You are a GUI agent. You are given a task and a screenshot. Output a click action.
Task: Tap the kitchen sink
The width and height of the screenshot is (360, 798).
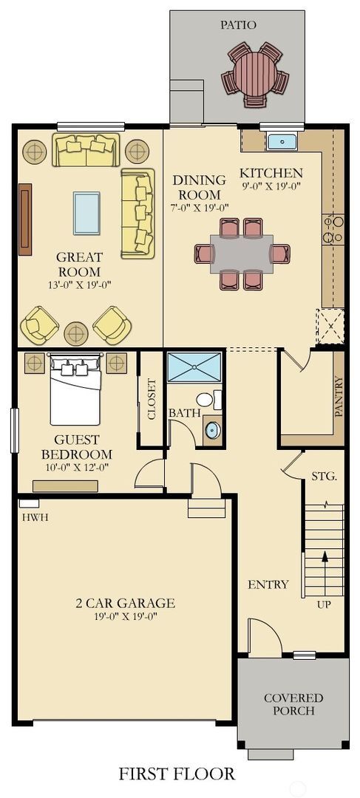tap(281, 140)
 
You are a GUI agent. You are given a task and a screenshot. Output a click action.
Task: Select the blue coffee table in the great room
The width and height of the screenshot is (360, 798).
tap(86, 213)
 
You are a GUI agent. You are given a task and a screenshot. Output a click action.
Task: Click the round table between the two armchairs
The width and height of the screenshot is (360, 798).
tap(76, 333)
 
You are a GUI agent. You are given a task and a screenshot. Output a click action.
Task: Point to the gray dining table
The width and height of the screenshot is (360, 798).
tap(241, 253)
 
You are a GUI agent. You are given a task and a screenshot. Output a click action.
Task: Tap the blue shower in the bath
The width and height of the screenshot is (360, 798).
tap(194, 367)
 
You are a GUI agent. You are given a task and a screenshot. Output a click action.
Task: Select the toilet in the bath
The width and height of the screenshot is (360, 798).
tap(205, 400)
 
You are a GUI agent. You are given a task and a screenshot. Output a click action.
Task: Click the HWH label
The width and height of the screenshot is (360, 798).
tap(35, 517)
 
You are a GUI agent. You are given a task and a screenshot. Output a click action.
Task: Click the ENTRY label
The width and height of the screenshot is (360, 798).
tap(268, 584)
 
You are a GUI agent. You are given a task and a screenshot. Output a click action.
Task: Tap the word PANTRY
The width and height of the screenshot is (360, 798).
tap(339, 397)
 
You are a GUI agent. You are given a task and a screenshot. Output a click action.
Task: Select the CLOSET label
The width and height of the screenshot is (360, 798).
tap(152, 399)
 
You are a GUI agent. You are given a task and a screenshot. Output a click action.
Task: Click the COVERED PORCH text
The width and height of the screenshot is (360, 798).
tap(293, 704)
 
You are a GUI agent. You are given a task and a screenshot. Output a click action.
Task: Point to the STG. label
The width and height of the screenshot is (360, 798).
tap(324, 476)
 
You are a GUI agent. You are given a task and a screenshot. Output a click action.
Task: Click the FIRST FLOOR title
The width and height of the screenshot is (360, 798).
tap(177, 774)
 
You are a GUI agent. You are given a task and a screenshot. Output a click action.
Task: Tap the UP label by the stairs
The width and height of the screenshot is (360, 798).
tap(324, 604)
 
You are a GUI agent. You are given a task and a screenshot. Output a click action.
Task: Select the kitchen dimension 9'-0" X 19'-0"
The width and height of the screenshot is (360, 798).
tap(271, 186)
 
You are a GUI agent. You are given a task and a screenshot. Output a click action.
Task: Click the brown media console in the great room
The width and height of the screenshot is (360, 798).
tap(25, 219)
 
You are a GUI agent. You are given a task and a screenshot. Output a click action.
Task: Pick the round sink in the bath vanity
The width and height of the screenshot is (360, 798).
tap(212, 429)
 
